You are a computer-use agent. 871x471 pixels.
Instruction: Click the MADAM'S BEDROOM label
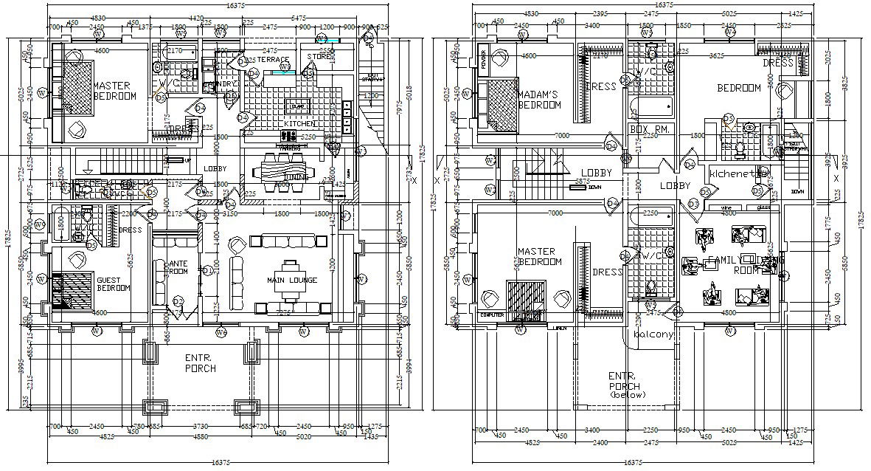tap(539, 100)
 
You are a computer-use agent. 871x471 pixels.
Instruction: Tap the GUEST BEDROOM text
tap(113, 283)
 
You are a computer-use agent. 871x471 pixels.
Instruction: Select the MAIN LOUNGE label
tap(292, 281)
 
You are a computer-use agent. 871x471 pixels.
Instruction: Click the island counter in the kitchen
tap(298, 106)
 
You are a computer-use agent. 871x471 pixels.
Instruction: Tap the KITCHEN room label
tap(301, 123)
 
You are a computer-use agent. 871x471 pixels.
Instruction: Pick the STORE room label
tap(319, 56)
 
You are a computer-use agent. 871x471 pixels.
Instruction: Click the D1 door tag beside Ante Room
tap(207, 270)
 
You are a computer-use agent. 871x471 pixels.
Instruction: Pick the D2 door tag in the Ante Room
tap(178, 300)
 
